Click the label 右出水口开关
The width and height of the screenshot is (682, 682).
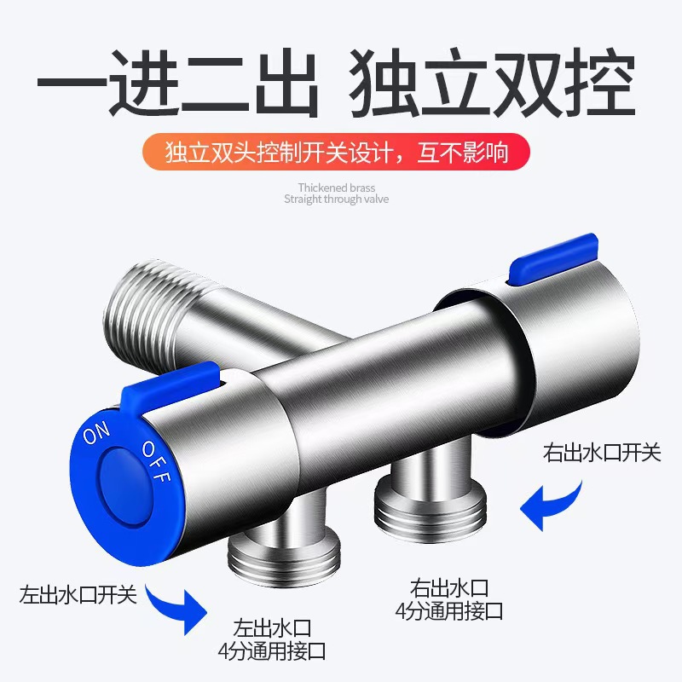(x=602, y=452)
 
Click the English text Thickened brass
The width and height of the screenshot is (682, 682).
(x=336, y=188)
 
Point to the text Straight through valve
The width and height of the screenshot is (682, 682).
(x=336, y=199)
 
